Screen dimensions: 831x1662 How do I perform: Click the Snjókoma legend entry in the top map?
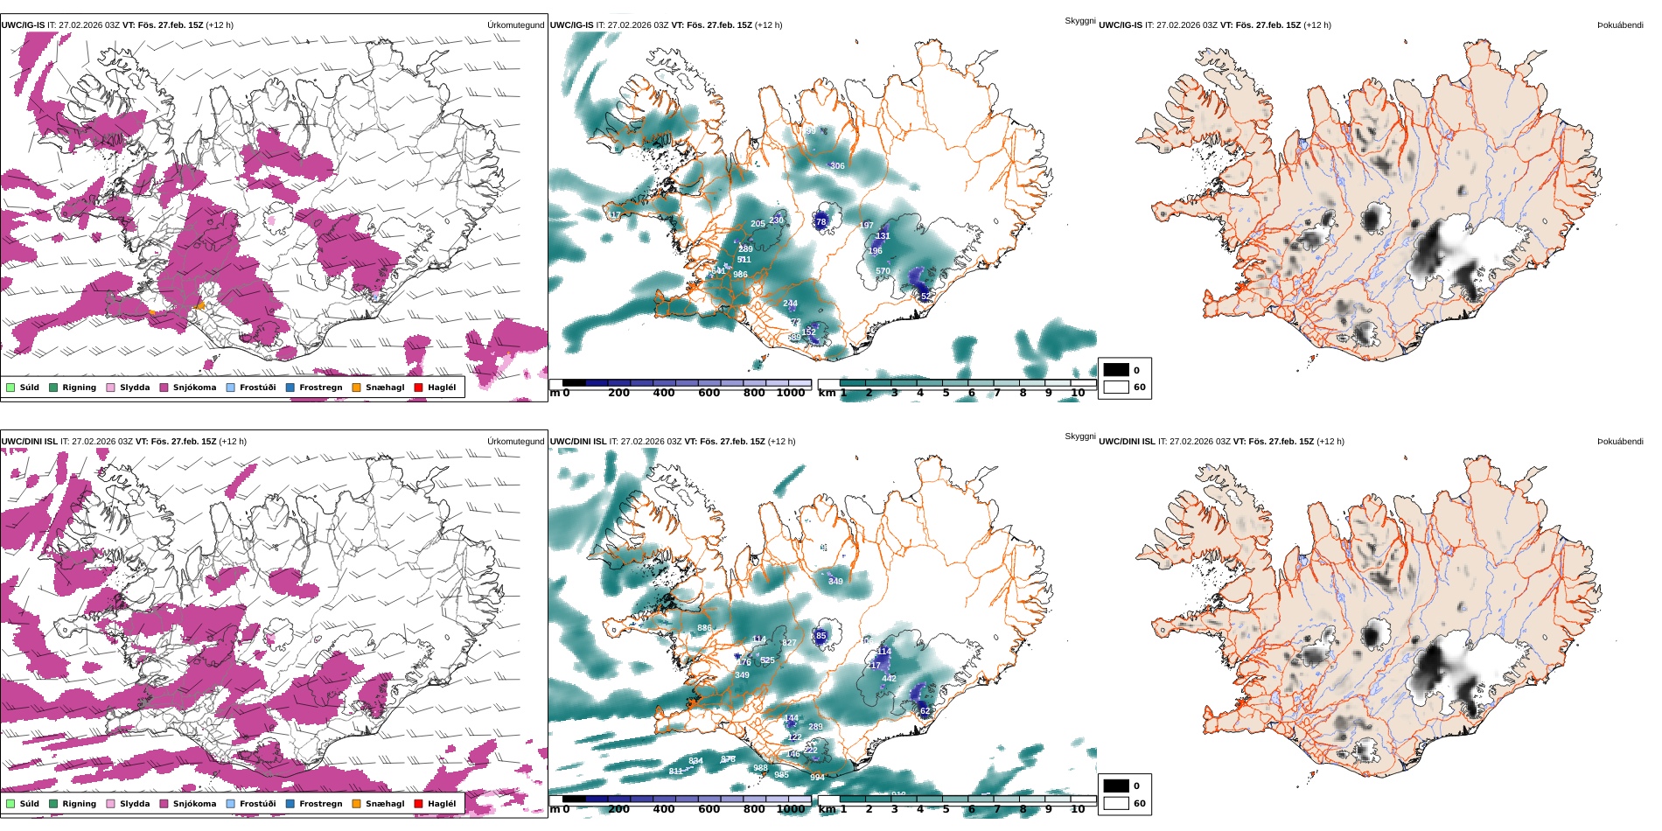tap(194, 388)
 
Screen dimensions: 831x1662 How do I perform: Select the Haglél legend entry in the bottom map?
tap(442, 804)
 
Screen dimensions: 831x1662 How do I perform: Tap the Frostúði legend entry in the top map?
tap(257, 388)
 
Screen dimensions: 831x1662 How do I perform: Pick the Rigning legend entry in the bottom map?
tap(79, 804)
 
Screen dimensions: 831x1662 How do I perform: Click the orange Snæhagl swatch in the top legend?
tap(356, 388)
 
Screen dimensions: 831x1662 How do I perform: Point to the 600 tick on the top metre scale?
tap(709, 393)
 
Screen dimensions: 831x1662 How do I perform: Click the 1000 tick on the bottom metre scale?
tap(791, 809)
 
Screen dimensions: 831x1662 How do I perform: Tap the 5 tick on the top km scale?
tap(946, 393)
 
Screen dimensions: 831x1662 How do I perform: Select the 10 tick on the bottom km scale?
tap(1078, 809)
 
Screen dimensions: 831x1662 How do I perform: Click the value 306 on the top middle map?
tap(837, 166)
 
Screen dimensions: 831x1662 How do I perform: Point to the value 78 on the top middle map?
tap(821, 222)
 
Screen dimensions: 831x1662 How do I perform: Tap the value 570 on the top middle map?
tap(883, 271)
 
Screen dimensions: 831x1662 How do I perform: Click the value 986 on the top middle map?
tap(740, 275)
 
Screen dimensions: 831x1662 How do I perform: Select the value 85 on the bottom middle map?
tap(821, 636)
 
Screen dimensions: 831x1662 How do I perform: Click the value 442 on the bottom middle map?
tap(889, 679)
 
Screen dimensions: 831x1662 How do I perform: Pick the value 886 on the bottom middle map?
tap(704, 628)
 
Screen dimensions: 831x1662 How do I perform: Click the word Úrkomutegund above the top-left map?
tap(515, 25)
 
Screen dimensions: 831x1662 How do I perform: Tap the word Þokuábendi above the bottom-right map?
tap(1620, 442)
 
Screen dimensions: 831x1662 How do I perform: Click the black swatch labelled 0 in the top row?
tap(1116, 370)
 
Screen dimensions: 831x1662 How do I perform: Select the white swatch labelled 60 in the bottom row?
tap(1116, 803)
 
